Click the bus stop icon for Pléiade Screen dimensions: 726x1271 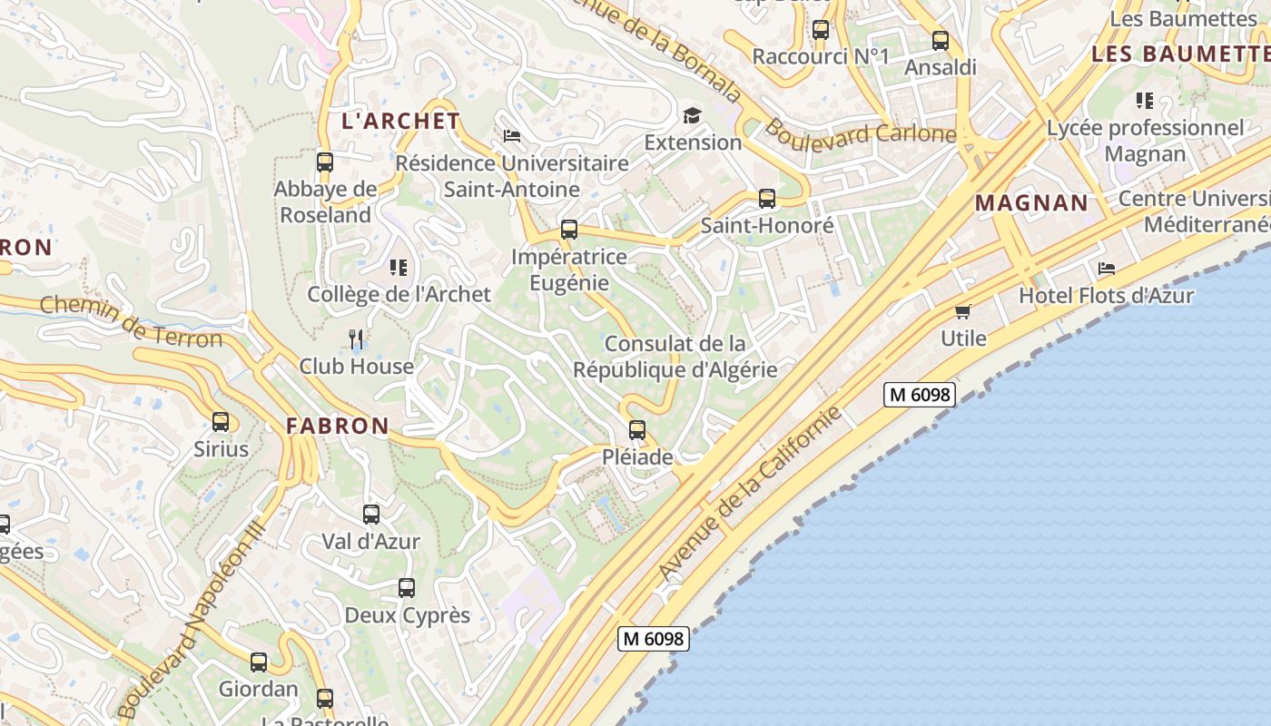point(637,429)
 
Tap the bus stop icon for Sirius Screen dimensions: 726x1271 point(221,421)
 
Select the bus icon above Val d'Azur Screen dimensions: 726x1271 point(371,515)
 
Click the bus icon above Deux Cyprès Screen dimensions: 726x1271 point(407,588)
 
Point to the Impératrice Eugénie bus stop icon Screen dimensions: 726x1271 point(569,230)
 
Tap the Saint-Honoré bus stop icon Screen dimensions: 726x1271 point(767,199)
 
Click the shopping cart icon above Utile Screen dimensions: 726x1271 point(963,311)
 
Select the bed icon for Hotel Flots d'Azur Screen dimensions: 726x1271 point(1107,269)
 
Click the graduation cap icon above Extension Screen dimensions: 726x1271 point(693,115)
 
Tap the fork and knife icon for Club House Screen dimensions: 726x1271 point(356,339)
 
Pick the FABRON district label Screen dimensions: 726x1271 point(338,425)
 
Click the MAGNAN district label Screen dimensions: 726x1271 point(1031,202)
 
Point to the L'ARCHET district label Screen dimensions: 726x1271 point(400,121)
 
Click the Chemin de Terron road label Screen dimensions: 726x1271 point(131,323)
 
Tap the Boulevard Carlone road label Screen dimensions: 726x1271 point(859,133)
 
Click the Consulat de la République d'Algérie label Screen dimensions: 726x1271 point(675,357)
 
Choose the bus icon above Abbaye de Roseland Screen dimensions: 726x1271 point(325,162)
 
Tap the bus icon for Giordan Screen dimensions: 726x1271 point(259,662)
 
